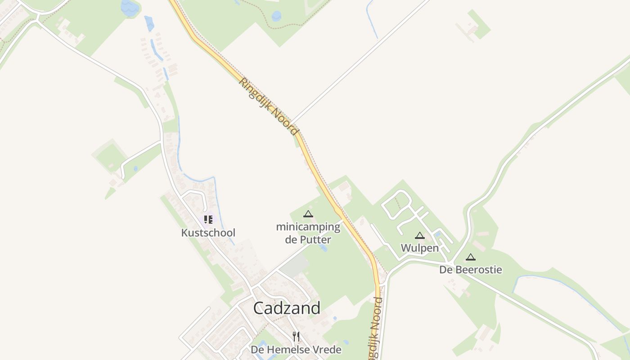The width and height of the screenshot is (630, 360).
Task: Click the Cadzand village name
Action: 287,308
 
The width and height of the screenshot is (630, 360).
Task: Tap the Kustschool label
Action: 208,233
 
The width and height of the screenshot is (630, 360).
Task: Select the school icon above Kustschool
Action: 208,220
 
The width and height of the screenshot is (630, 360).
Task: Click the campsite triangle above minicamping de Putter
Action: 308,214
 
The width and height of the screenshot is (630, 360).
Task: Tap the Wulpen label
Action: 419,247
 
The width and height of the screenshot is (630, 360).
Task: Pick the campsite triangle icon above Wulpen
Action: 419,235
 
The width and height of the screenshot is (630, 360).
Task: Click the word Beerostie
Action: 478,270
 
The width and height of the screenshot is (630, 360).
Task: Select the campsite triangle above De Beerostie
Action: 470,257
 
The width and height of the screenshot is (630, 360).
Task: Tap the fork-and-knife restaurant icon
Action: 296,336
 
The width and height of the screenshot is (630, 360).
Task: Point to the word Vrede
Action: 328,350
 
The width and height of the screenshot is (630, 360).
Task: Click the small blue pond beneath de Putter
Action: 323,247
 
